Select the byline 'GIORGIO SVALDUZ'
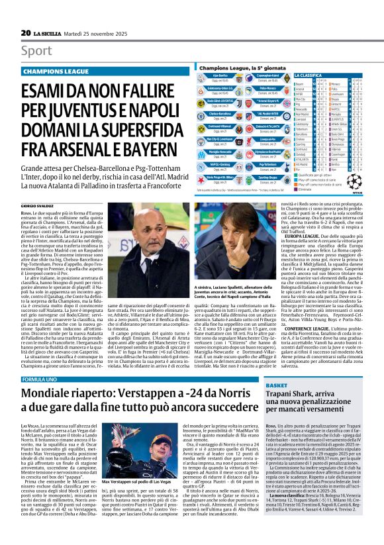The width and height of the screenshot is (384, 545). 37,207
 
